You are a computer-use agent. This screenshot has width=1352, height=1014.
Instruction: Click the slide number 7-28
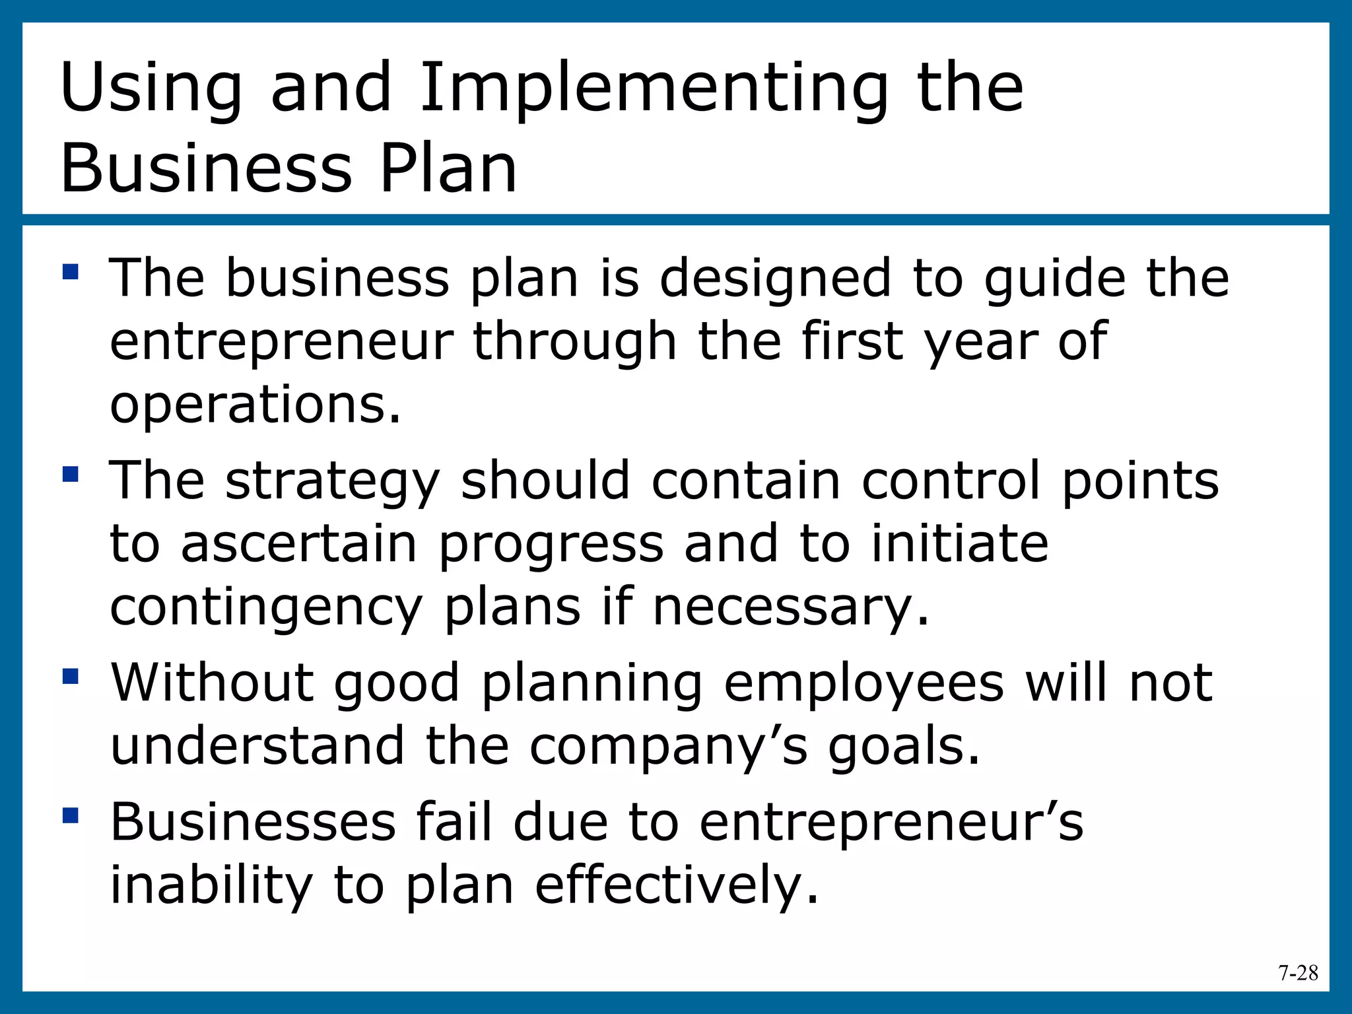point(1298,973)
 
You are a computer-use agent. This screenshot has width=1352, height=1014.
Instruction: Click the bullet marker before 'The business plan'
point(71,272)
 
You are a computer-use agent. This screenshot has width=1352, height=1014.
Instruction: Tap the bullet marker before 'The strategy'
point(71,474)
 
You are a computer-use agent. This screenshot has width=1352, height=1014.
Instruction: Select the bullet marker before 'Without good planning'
point(71,676)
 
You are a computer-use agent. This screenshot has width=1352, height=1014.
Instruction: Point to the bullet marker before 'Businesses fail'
point(71,816)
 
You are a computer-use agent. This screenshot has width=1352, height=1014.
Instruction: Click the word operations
point(255,404)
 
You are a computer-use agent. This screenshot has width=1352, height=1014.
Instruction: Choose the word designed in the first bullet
point(776,277)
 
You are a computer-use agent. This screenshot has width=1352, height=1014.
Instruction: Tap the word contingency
point(265,607)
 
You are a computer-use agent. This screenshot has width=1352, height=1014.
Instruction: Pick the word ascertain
point(298,543)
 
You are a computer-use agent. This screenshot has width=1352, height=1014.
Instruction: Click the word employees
point(863,683)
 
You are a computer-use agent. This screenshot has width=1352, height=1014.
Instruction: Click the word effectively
point(676,886)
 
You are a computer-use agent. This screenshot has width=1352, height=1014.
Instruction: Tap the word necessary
point(790,607)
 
